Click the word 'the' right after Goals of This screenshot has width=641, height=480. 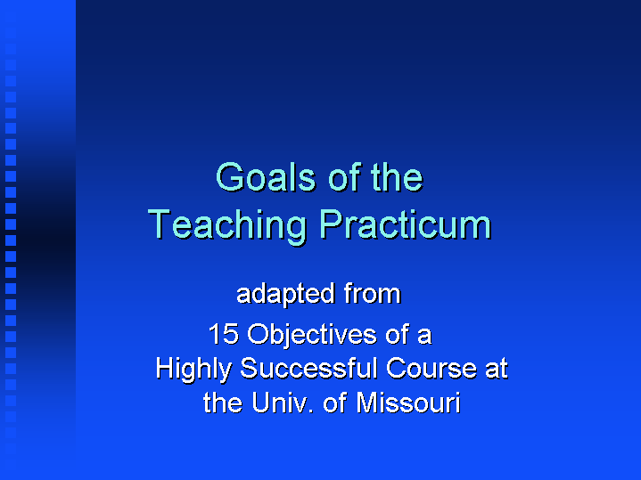(x=396, y=178)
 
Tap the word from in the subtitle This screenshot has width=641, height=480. (x=372, y=294)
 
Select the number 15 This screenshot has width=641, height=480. (x=223, y=335)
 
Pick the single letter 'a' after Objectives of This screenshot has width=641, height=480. (x=424, y=336)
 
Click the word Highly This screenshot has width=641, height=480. (x=193, y=370)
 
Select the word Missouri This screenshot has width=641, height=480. (x=407, y=403)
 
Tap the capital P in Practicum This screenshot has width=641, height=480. (x=330, y=224)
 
